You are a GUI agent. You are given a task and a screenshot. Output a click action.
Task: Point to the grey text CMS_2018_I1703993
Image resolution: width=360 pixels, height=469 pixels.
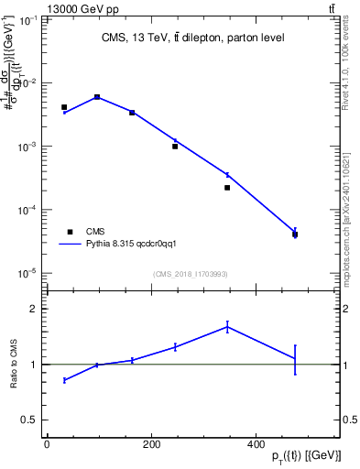pos(190,274)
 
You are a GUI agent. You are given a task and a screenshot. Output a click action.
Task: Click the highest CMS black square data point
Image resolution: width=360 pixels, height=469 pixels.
pos(97,96)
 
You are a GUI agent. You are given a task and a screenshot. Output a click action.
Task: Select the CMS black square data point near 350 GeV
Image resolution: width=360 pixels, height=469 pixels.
pos(227,188)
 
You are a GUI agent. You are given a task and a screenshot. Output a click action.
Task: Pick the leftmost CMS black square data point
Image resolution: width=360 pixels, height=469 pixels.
pos(64,107)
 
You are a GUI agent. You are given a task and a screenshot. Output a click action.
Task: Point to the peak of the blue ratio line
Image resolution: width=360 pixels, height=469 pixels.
pos(227,326)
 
